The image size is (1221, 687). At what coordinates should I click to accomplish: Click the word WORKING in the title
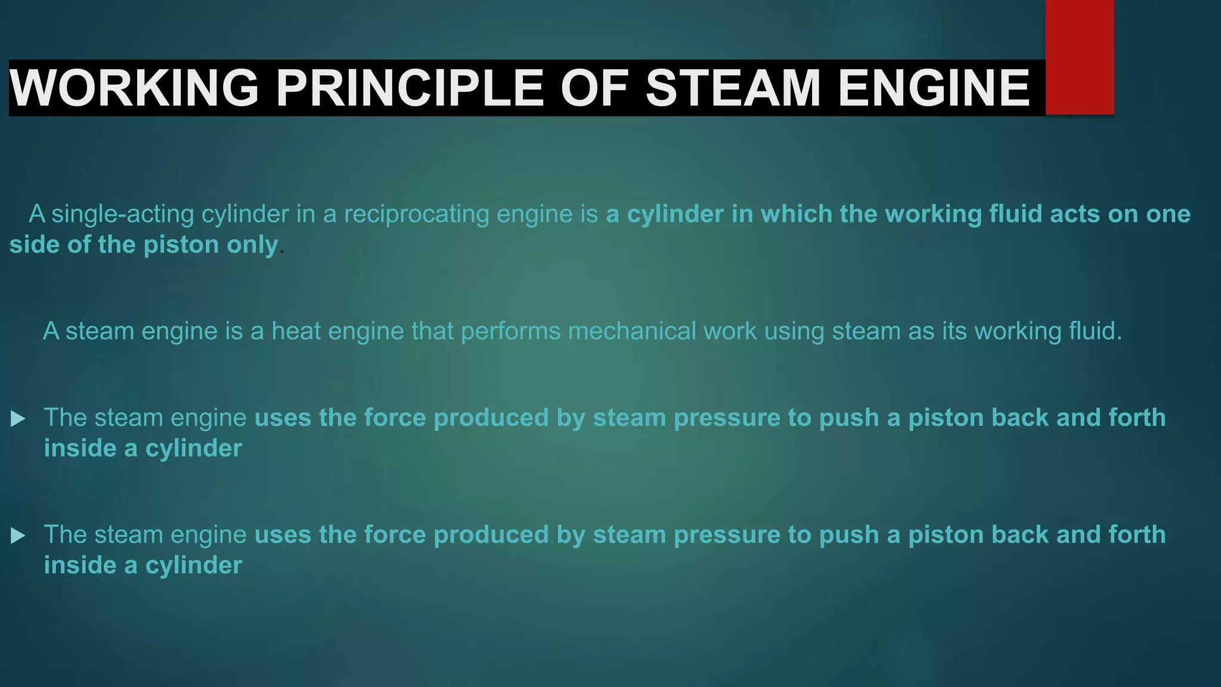tap(134, 88)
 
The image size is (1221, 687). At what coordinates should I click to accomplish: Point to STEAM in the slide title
tap(733, 88)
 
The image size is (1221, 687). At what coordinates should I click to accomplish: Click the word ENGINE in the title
tap(934, 88)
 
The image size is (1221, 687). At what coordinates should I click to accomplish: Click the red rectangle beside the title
tap(1079, 57)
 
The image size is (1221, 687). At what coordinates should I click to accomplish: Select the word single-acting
tap(123, 214)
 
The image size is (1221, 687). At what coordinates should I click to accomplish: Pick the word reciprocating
tap(417, 214)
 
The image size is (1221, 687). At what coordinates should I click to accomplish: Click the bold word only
tap(253, 245)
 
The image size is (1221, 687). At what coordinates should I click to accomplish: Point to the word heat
tap(296, 331)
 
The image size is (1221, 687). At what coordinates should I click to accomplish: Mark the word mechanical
tap(632, 331)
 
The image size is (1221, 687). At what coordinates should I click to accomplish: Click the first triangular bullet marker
tap(18, 419)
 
